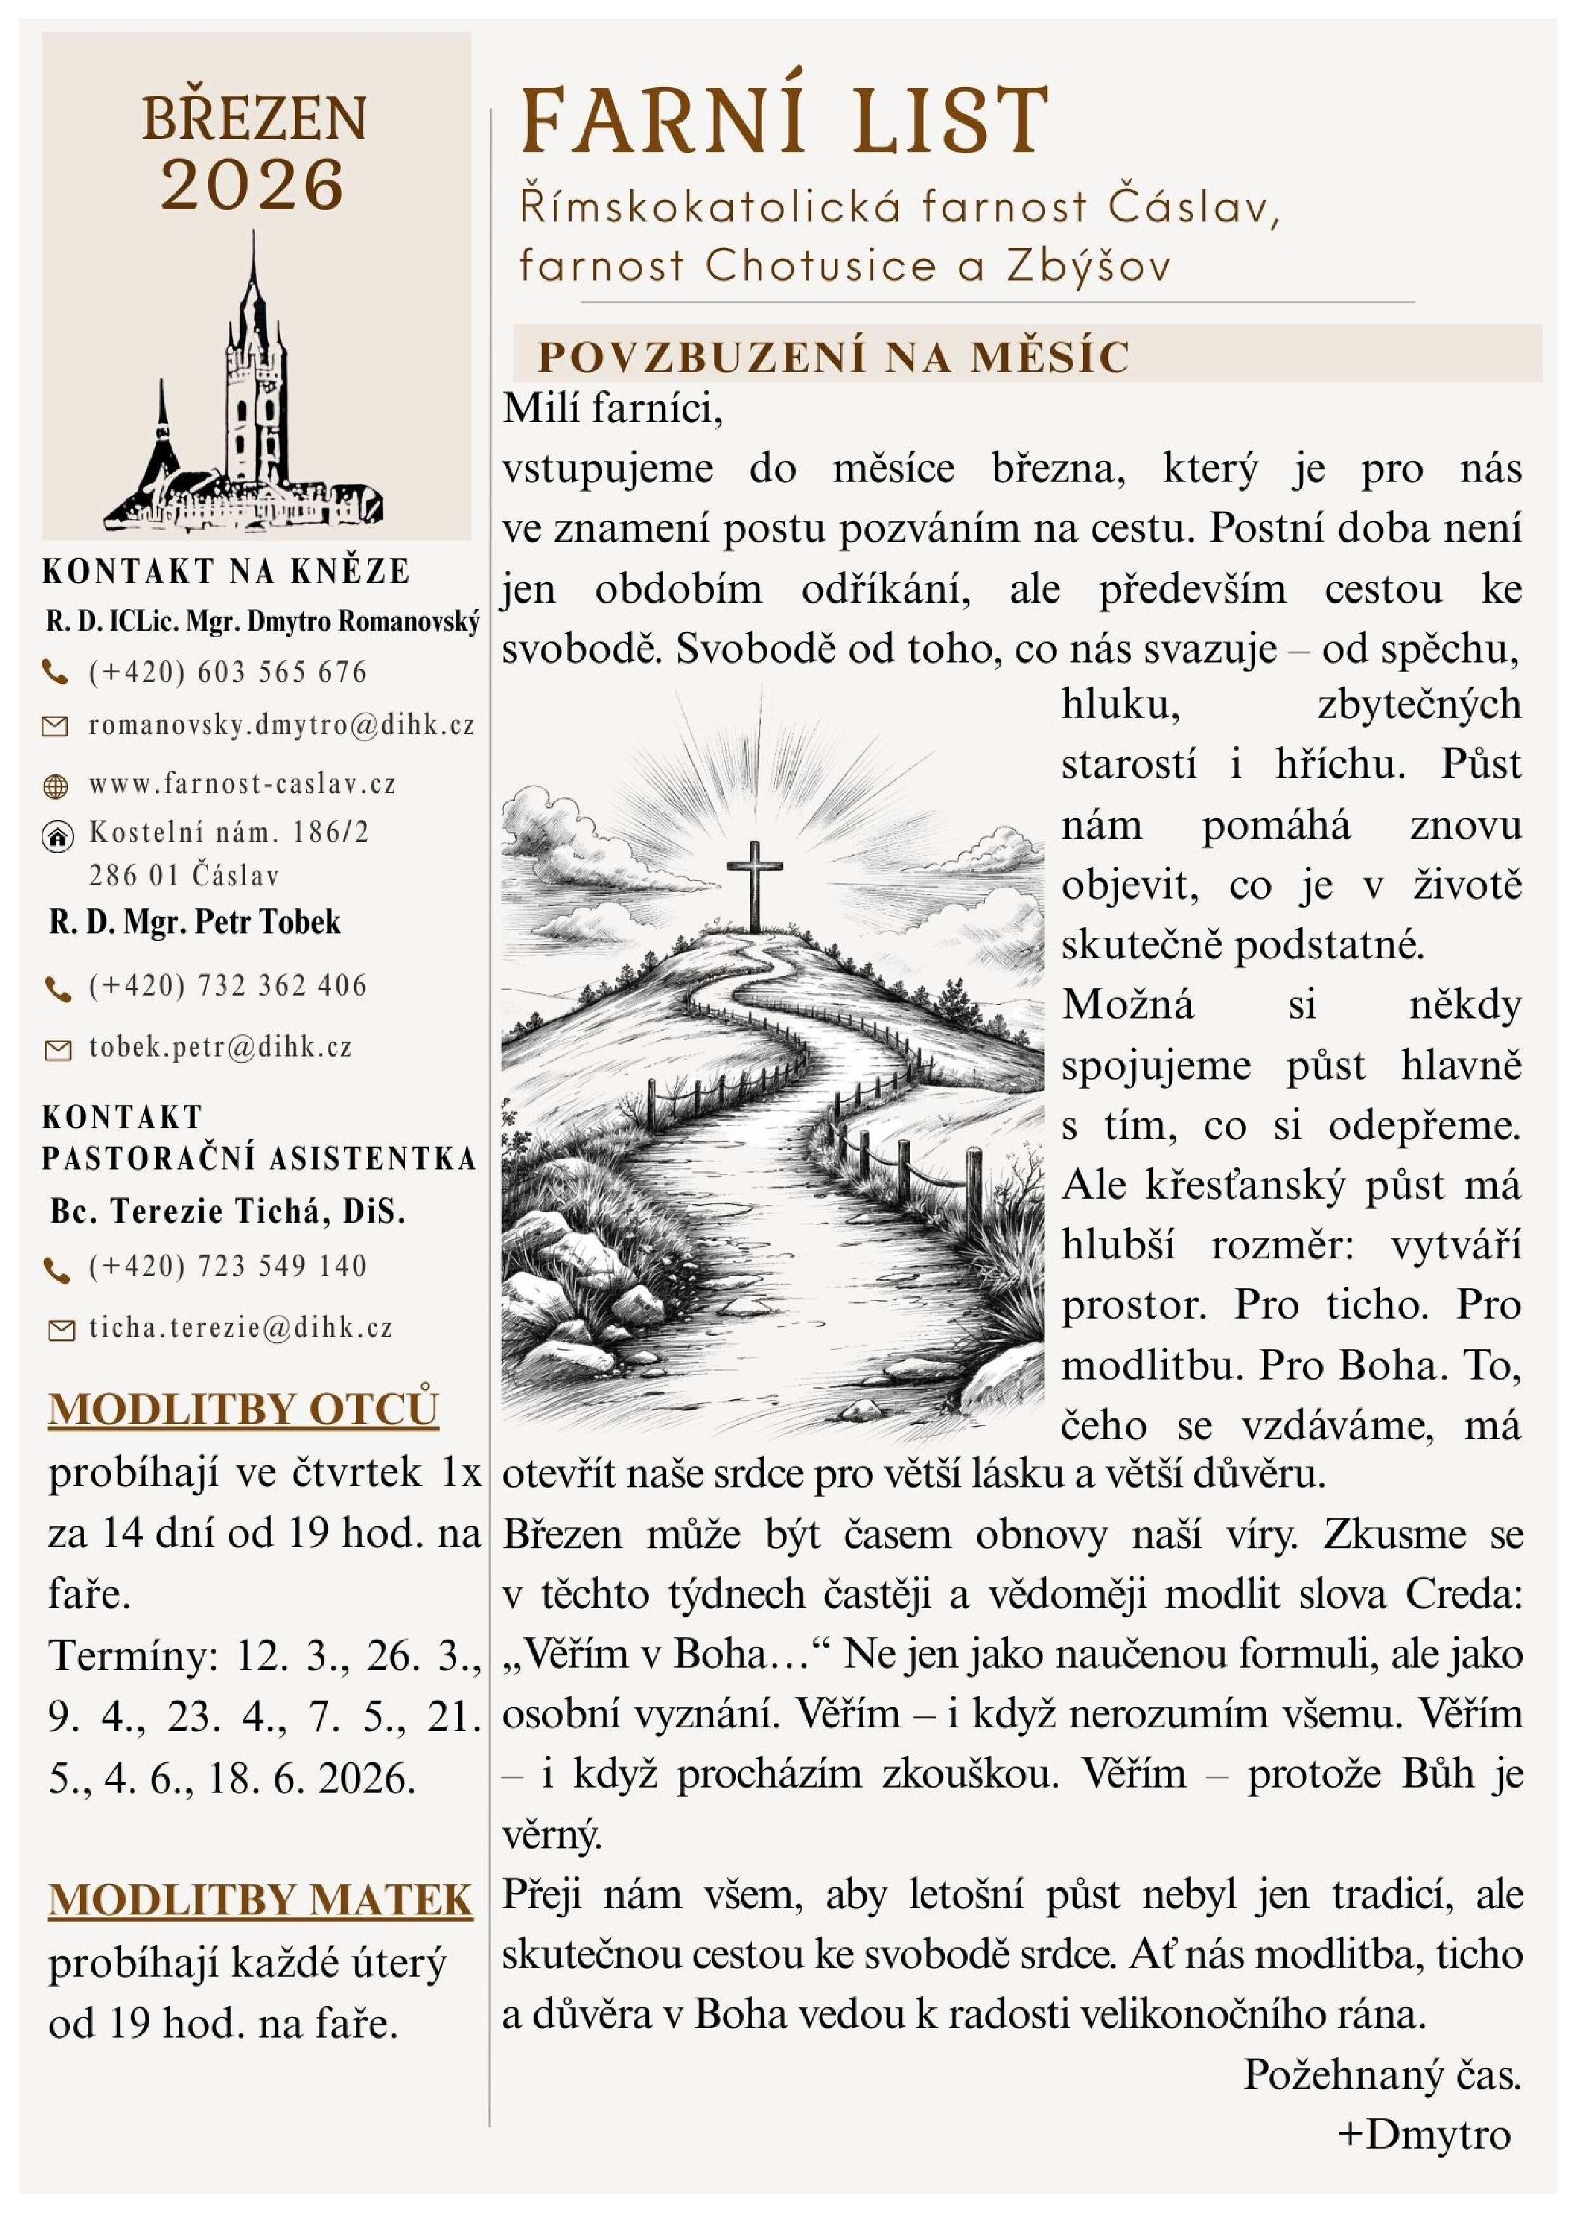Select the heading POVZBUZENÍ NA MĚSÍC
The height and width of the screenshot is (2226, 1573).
click(x=834, y=357)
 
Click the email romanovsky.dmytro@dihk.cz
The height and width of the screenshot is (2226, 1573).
click(x=281, y=725)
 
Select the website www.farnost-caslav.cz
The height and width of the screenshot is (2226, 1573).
click(x=242, y=784)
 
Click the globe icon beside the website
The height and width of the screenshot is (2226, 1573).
click(x=57, y=786)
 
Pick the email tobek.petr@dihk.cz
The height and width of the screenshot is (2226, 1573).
click(x=220, y=1047)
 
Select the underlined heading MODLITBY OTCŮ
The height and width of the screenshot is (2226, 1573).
click(x=243, y=1409)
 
